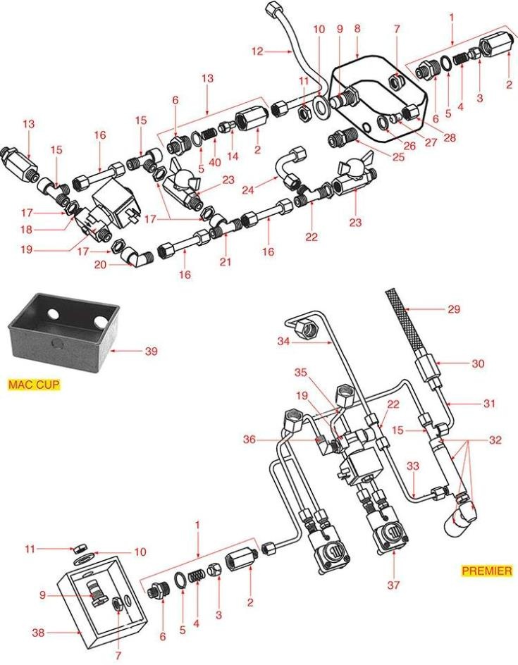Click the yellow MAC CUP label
coord(34,385)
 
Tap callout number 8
coord(357,30)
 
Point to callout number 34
coord(283,342)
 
